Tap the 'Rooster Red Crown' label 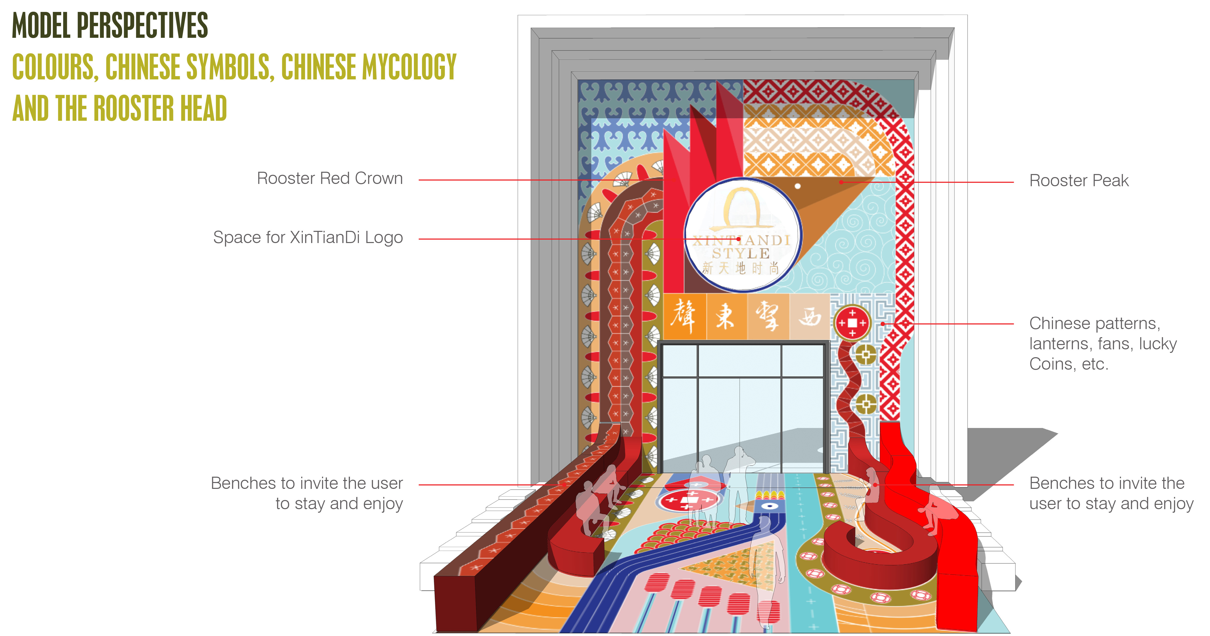(x=330, y=179)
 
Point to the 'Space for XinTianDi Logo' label (x=308, y=238)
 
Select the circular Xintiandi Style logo (x=742, y=235)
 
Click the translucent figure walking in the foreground (x=766, y=564)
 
